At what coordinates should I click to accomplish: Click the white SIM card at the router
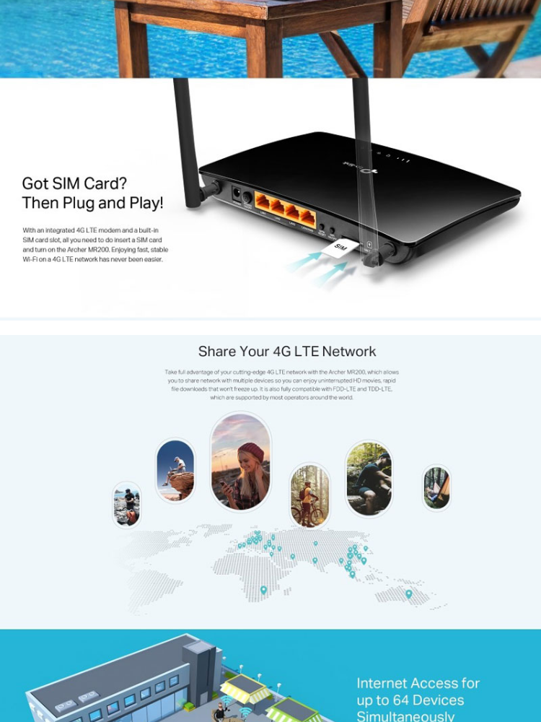[x=340, y=248]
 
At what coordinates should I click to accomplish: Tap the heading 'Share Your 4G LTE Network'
[x=287, y=352]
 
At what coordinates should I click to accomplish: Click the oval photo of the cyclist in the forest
[x=309, y=495]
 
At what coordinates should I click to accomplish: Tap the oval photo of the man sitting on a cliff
[x=175, y=471]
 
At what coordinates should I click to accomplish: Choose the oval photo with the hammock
[x=436, y=487]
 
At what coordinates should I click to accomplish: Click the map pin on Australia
[x=408, y=594]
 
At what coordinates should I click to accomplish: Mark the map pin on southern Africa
[x=263, y=590]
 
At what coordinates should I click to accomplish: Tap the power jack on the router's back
[x=236, y=194]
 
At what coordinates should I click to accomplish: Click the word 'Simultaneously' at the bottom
[x=405, y=716]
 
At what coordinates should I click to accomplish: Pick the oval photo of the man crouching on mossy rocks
[x=369, y=479]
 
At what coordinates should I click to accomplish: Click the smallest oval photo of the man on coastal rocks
[x=126, y=504]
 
